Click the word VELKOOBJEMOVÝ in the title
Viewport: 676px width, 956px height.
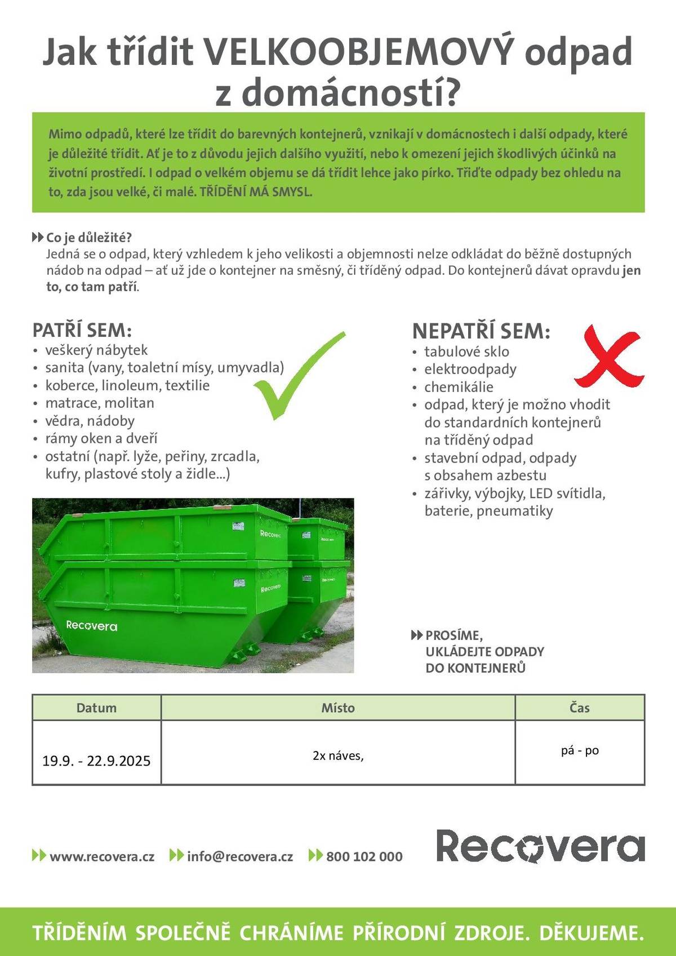click(358, 52)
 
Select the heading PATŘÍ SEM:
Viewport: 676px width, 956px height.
click(82, 330)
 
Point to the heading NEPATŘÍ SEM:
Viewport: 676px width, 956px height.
click(481, 331)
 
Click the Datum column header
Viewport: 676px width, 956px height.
click(96, 708)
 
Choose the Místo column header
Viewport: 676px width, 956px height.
click(338, 708)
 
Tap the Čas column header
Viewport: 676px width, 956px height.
click(580, 708)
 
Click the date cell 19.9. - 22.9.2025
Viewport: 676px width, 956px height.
click(96, 761)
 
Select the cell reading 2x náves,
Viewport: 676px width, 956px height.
click(338, 755)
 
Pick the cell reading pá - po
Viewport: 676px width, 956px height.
click(580, 750)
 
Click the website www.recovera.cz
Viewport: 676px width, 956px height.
click(102, 856)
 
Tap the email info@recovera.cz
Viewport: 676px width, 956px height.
click(240, 856)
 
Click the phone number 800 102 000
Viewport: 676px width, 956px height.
click(364, 856)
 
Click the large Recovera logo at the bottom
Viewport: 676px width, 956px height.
click(540, 846)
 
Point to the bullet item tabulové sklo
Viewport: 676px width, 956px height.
click(466, 352)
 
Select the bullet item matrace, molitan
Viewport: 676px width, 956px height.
click(100, 403)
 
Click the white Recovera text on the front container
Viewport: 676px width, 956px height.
click(92, 625)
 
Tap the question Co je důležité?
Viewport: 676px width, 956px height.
click(89, 237)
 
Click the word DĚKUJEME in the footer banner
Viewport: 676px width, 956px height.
click(591, 933)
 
